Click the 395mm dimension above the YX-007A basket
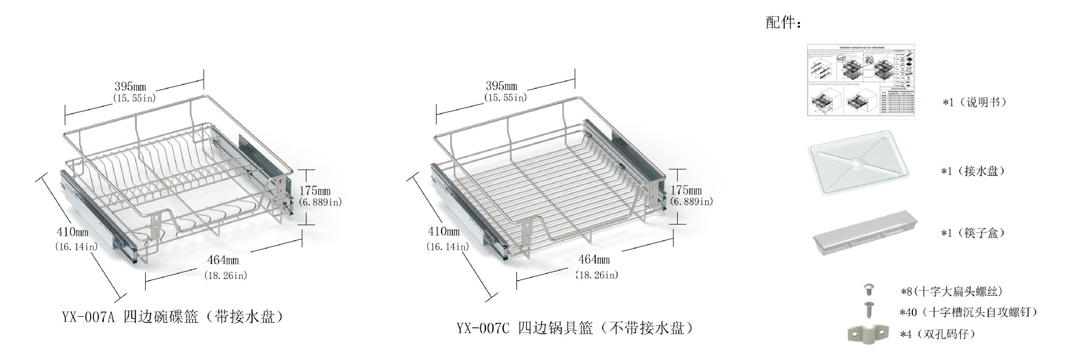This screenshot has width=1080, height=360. pos(130,87)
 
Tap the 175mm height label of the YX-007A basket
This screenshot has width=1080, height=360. pos(315,191)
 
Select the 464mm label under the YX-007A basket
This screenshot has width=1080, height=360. pos(223,260)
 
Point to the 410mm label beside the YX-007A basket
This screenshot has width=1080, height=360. pos(73,232)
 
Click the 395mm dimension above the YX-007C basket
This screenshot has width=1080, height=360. pos(502,86)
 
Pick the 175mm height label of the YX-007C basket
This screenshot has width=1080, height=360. pos(686,190)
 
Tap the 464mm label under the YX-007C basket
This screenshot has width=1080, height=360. pos(595,259)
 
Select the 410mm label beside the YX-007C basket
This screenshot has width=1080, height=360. pos(444,231)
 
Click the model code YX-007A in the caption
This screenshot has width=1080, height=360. pos(88,317)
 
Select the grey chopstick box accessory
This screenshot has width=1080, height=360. pos(864,233)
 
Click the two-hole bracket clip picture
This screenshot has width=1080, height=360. pos(867,334)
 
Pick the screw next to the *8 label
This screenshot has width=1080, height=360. pos(869,290)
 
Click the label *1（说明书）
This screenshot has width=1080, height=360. pos(975,102)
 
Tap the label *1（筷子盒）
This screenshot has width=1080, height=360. pos(973,233)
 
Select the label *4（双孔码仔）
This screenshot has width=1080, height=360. pos(938,334)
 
